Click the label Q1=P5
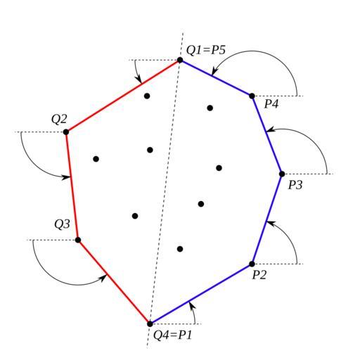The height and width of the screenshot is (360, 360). pyautogui.click(x=206, y=50)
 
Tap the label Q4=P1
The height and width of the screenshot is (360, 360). pyautogui.click(x=172, y=335)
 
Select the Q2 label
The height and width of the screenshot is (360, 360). pyautogui.click(x=59, y=119)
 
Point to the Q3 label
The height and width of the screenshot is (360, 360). pyautogui.click(x=62, y=224)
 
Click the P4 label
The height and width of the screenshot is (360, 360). pyautogui.click(x=271, y=103)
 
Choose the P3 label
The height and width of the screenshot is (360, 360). pyautogui.click(x=295, y=185)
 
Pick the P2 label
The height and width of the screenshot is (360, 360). pyautogui.click(x=259, y=274)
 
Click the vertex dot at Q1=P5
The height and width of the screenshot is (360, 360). pyautogui.click(x=180, y=60)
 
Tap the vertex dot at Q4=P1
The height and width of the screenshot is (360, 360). pyautogui.click(x=150, y=324)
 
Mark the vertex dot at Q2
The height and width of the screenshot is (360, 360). pyautogui.click(x=66, y=132)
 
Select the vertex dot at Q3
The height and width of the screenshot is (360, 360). pyautogui.click(x=78, y=240)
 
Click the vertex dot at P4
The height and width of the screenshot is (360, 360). pyautogui.click(x=252, y=96)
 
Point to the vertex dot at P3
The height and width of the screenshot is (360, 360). pyautogui.click(x=282, y=174)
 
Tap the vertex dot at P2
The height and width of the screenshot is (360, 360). pyautogui.click(x=252, y=264)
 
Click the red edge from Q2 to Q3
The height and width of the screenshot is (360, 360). pyautogui.click(x=72, y=186)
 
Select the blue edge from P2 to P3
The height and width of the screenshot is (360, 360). pyautogui.click(x=267, y=219)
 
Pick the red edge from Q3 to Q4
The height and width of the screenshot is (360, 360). pyautogui.click(x=114, y=282)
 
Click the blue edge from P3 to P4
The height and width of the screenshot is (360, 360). pyautogui.click(x=267, y=135)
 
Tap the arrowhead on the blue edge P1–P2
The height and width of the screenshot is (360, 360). pyautogui.click(x=191, y=305)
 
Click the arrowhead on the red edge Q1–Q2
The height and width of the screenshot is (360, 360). pyautogui.click(x=139, y=79)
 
